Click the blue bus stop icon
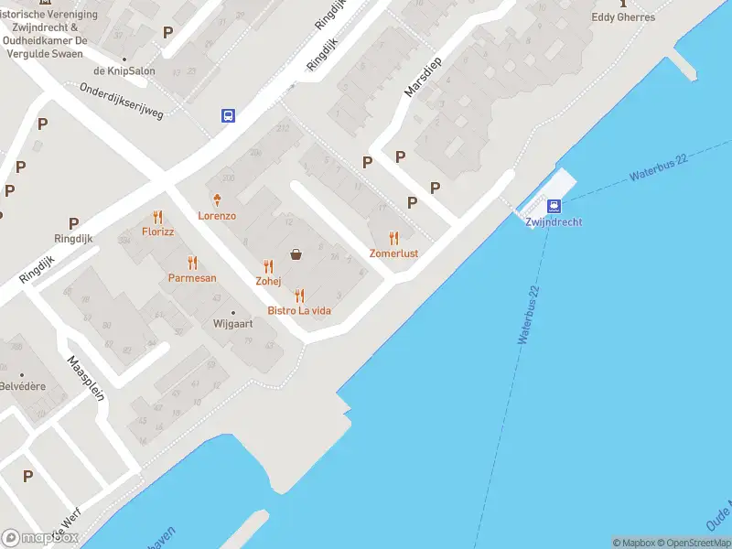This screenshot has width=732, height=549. pyautogui.click(x=228, y=115)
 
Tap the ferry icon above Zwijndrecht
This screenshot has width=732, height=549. pyautogui.click(x=554, y=206)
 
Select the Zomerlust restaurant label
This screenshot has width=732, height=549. pyautogui.click(x=394, y=253)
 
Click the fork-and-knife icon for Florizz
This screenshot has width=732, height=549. pyautogui.click(x=158, y=217)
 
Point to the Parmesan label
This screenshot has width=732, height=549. pyautogui.click(x=192, y=277)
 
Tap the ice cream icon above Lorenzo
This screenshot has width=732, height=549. pyautogui.click(x=218, y=199)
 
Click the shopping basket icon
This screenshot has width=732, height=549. pyautogui.click(x=296, y=254)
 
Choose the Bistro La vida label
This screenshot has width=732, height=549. pyautogui.click(x=299, y=311)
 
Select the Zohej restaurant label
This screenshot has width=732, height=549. pyautogui.click(x=268, y=281)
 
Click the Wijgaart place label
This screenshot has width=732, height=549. pyautogui.click(x=232, y=324)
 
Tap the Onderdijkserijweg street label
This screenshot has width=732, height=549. pyautogui.click(x=122, y=102)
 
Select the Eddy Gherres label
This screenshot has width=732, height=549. pyautogui.click(x=623, y=17)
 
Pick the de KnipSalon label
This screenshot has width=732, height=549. pyautogui.click(x=124, y=71)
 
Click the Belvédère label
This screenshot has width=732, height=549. pyautogui.click(x=22, y=386)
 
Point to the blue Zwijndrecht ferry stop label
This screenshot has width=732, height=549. pyautogui.click(x=554, y=222)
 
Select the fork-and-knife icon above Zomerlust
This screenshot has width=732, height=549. pyautogui.click(x=394, y=237)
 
